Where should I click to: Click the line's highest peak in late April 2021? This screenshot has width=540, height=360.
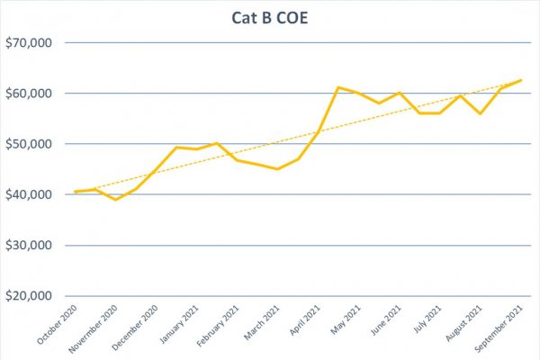[337, 87]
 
